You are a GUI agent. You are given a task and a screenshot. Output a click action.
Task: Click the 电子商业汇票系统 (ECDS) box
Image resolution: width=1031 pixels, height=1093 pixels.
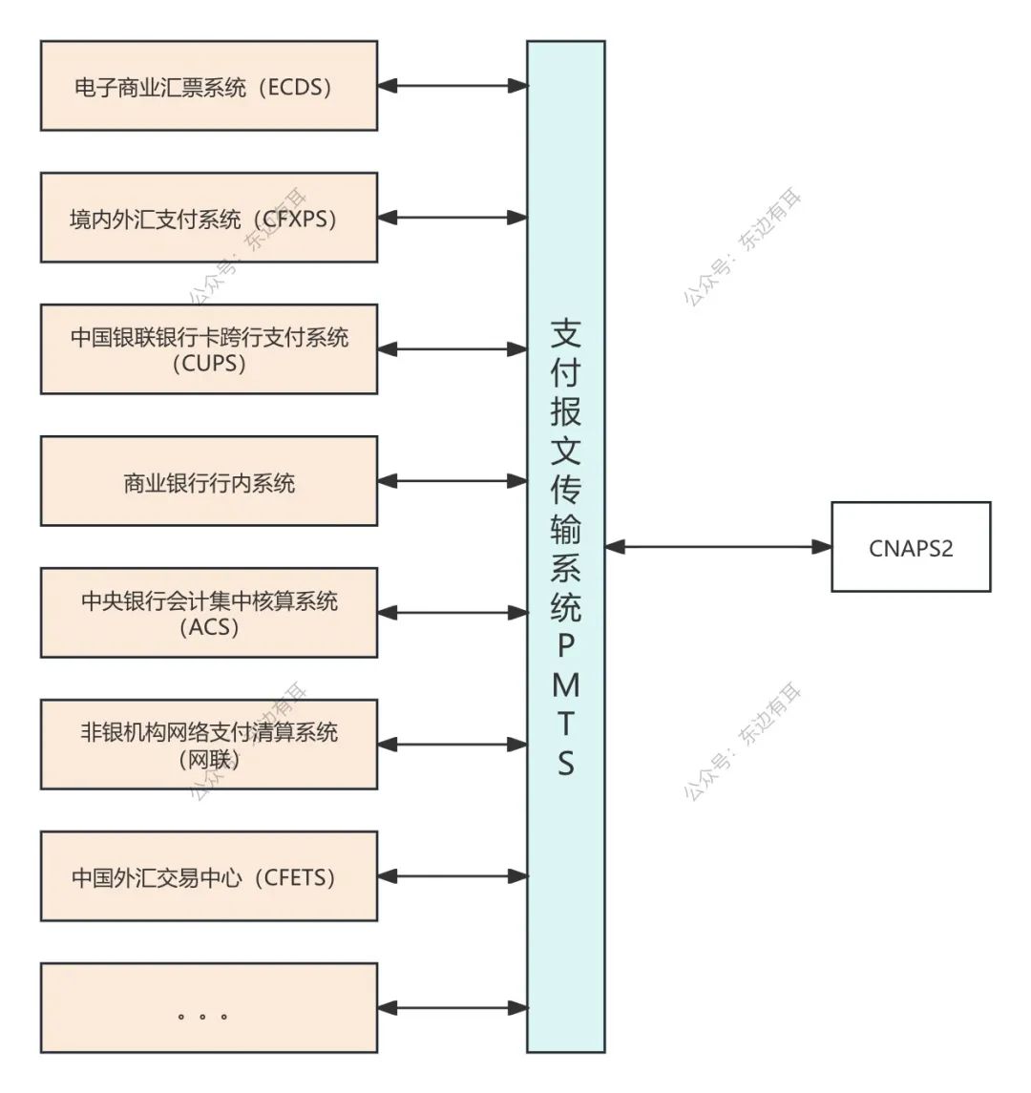pyautogui.click(x=208, y=86)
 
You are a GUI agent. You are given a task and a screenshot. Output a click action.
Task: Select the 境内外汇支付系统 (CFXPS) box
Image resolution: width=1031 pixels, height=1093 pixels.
pyautogui.click(x=208, y=218)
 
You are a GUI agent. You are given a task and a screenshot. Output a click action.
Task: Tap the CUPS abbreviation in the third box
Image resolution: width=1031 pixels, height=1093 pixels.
pyautogui.click(x=209, y=364)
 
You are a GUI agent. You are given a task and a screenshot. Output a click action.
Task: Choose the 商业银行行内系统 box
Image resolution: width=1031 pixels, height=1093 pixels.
pyautogui.click(x=208, y=482)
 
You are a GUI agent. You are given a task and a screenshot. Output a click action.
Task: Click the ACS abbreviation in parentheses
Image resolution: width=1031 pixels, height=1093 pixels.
pyautogui.click(x=209, y=627)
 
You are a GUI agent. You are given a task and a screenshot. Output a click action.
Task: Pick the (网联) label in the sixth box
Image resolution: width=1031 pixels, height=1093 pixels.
pyautogui.click(x=209, y=759)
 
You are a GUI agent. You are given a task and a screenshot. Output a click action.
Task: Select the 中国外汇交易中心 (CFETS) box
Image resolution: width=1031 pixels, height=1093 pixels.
pyautogui.click(x=208, y=876)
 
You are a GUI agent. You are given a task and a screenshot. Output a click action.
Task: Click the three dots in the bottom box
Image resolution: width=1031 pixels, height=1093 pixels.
pyautogui.click(x=202, y=1016)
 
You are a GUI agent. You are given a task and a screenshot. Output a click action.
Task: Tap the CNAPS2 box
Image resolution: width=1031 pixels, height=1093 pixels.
pyautogui.click(x=911, y=547)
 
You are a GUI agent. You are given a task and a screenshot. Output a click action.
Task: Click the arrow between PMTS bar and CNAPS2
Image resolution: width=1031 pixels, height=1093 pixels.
pyautogui.click(x=718, y=547)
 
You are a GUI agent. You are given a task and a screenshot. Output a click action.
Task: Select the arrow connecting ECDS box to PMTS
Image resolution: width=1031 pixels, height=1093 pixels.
pyautogui.click(x=452, y=86)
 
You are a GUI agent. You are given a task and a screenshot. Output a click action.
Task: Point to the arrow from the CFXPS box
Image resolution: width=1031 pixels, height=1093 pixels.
pyautogui.click(x=452, y=218)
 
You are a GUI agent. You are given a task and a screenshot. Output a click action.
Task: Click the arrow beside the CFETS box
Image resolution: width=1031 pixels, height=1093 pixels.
pyautogui.click(x=452, y=876)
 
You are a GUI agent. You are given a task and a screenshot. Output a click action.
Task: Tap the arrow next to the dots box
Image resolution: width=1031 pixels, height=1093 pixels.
pyautogui.click(x=452, y=1008)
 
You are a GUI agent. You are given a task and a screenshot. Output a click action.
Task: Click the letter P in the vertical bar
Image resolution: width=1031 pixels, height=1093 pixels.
pyautogui.click(x=566, y=646)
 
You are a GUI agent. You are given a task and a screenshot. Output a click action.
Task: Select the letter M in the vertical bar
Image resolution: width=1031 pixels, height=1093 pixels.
pyautogui.click(x=566, y=685)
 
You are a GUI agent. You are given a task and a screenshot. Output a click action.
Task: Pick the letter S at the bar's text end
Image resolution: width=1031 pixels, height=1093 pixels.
pyautogui.click(x=566, y=763)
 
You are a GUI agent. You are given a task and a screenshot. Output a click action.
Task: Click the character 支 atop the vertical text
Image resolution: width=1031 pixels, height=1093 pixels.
pyautogui.click(x=566, y=333)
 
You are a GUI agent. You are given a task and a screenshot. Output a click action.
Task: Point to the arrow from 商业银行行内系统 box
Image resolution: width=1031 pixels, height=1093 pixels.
pyautogui.click(x=452, y=481)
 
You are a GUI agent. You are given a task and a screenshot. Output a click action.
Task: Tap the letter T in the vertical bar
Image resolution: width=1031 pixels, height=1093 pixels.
pyautogui.click(x=566, y=724)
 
